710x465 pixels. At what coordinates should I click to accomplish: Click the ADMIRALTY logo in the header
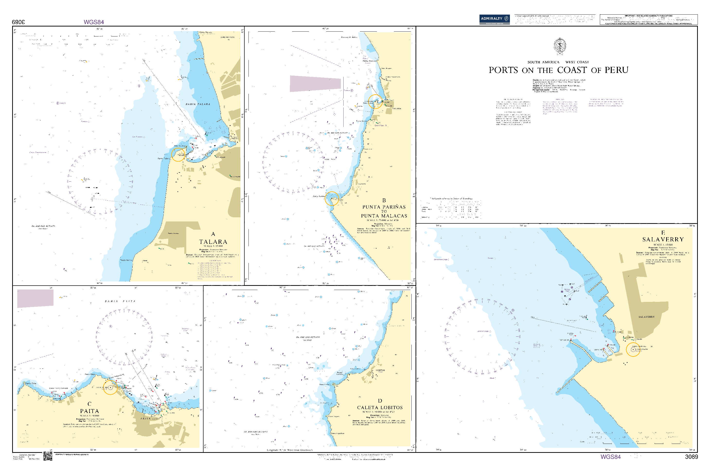tap(494, 19)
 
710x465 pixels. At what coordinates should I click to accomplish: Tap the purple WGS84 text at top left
tap(94, 22)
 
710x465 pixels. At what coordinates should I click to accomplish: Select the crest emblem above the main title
tap(560, 46)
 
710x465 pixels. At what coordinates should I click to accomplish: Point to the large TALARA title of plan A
tap(213, 242)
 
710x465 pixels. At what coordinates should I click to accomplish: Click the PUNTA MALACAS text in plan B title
tap(384, 216)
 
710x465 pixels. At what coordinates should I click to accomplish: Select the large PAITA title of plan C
tap(89, 411)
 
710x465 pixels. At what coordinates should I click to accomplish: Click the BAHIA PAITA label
tap(120, 301)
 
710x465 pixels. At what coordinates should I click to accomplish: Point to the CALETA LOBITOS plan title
tap(380, 407)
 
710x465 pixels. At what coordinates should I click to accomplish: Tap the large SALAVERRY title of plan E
tap(663, 239)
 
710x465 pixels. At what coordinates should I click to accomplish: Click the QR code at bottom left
tap(48, 456)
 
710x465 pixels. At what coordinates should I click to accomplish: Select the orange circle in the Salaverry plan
tap(633, 349)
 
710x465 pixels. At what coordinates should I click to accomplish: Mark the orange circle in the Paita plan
tap(110, 387)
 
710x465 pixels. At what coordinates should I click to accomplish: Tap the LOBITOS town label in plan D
tap(380, 370)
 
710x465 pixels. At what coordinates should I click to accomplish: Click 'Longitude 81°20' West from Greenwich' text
tap(289, 450)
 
